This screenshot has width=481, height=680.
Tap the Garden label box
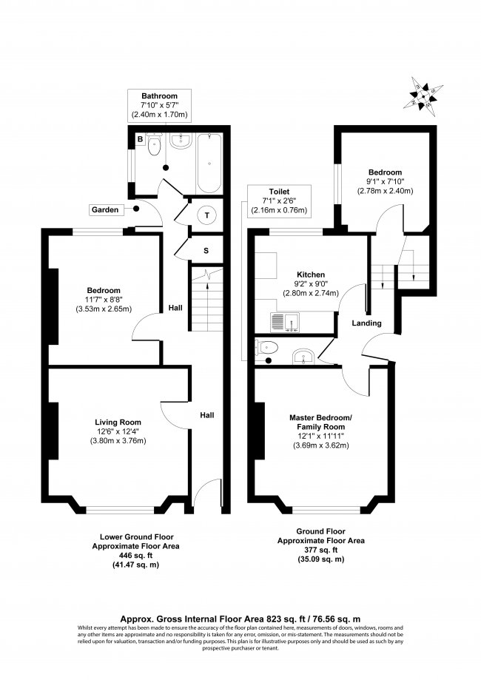pyautogui.click(x=105, y=210)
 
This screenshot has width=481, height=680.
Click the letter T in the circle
pyautogui.click(x=207, y=215)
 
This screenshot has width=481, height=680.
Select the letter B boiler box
pyautogui.click(x=139, y=138)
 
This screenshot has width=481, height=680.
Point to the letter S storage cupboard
pyautogui.click(x=206, y=251)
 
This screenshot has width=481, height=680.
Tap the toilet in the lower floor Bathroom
pyautogui.click(x=154, y=146)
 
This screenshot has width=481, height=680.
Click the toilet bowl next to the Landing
pyautogui.click(x=268, y=348)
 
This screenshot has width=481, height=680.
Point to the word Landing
pyautogui.click(x=366, y=323)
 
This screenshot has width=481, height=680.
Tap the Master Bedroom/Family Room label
pyautogui.click(x=320, y=423)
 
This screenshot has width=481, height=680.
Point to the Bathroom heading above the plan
pyautogui.click(x=160, y=96)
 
